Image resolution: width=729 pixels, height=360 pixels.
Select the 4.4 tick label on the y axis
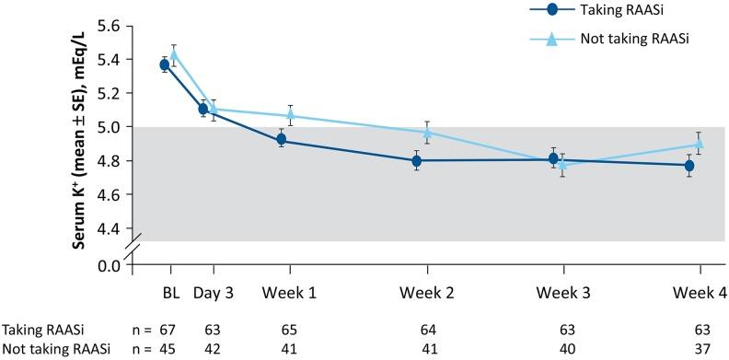point(109,228)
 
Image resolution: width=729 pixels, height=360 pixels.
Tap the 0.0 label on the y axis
point(109,267)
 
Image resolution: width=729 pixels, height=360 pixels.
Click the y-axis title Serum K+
point(67,135)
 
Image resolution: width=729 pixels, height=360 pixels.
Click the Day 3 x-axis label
point(214,293)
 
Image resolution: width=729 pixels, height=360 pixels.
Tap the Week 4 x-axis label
point(700,293)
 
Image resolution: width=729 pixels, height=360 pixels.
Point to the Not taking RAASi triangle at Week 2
point(427,133)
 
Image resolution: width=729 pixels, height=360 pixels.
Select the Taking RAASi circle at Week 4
point(689,166)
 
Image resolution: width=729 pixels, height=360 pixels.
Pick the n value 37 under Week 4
point(700,349)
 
